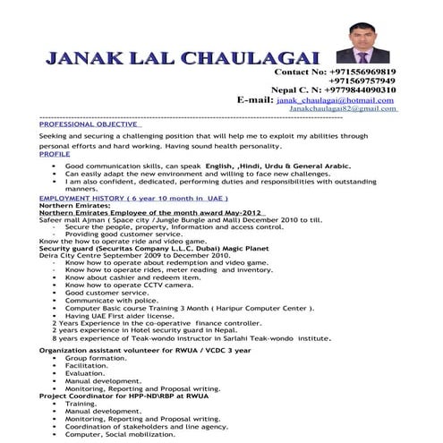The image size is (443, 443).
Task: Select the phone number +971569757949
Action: coord(362,81)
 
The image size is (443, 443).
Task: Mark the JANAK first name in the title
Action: coord(81,58)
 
